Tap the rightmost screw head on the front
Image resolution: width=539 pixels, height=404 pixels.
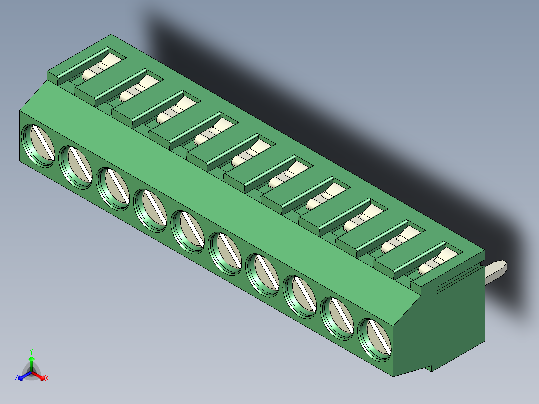375,339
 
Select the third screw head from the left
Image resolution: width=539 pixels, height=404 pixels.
113,189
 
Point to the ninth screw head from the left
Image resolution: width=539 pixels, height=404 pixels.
338,318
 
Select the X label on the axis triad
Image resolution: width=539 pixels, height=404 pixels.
47,378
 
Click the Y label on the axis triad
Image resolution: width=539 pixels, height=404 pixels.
31,351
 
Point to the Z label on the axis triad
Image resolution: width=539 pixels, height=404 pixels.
16,378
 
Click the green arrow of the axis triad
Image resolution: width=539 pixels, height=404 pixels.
31,361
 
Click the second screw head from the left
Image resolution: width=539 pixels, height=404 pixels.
76,167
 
